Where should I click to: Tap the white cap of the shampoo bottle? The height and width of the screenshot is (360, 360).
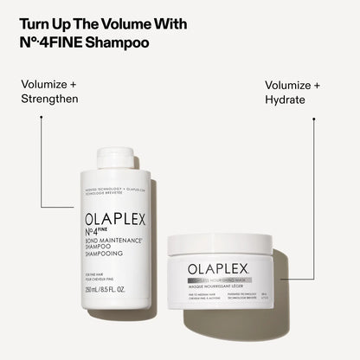[114, 157]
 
